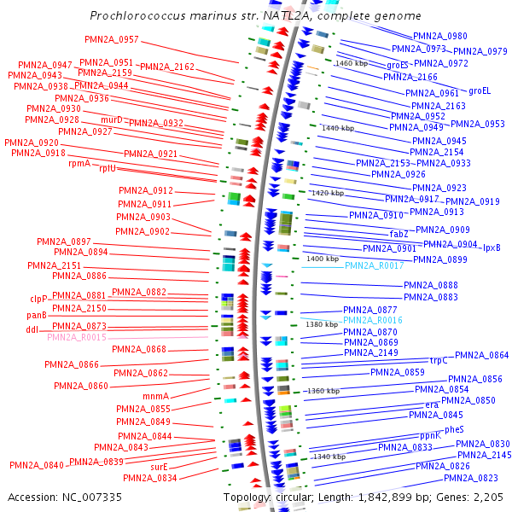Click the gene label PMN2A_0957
[112, 40]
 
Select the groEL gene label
[480, 90]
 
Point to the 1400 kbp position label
[323, 258]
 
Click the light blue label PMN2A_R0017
[375, 266]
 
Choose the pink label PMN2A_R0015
[77, 338]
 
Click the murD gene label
[113, 119]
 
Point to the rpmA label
[79, 163]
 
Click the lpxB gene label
[492, 247]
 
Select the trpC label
[439, 360]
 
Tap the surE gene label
[159, 467]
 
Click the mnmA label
[156, 396]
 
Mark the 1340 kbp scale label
[329, 457]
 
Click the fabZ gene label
[399, 234]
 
